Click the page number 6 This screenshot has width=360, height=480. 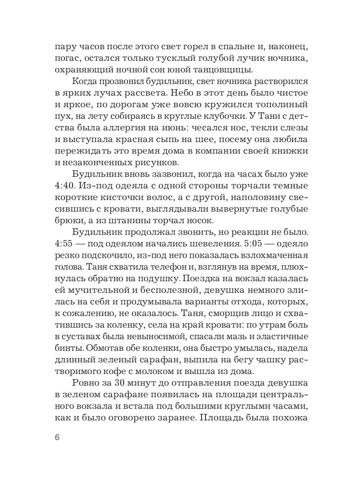coord(56,437)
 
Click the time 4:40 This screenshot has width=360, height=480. coord(66,187)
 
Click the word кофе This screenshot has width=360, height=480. coord(122,362)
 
